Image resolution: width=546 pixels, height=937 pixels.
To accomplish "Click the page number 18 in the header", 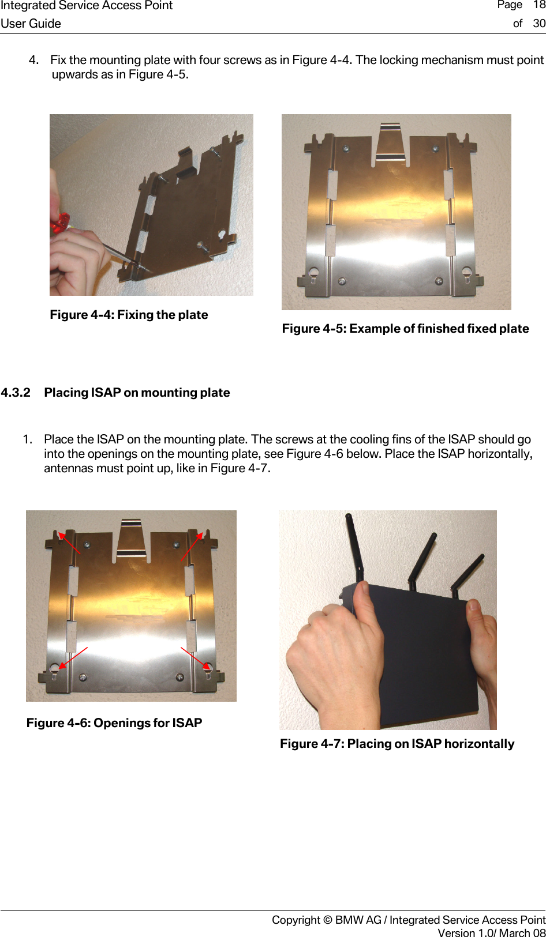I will pyautogui.click(x=538, y=5).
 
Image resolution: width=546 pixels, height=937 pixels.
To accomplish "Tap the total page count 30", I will pyautogui.click(x=539, y=24).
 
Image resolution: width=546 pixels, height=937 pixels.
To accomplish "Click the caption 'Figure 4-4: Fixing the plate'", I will pyautogui.click(x=129, y=315).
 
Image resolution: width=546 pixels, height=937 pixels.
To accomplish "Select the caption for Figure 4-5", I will pyautogui.click(x=405, y=329).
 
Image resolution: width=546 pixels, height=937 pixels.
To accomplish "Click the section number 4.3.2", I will pyautogui.click(x=16, y=393).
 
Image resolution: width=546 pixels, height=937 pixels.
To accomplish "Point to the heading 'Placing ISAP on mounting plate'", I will pyautogui.click(x=137, y=393).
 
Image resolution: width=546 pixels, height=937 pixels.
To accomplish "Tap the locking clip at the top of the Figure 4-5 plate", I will pyautogui.click(x=390, y=141).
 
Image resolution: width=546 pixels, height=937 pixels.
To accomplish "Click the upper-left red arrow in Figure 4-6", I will pyautogui.click(x=69, y=543).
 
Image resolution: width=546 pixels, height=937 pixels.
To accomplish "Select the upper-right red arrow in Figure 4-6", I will pyautogui.click(x=192, y=545).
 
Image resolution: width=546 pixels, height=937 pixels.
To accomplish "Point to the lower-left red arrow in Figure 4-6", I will pyautogui.click(x=73, y=657).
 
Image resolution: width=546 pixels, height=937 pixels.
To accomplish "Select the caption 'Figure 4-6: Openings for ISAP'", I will pyautogui.click(x=114, y=723).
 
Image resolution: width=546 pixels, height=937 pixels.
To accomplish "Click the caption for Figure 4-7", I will pyautogui.click(x=397, y=744).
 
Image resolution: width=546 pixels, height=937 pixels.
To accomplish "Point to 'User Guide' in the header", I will pyautogui.click(x=31, y=24).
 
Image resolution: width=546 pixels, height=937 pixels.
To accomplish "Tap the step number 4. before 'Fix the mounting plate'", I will pyautogui.click(x=34, y=60).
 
